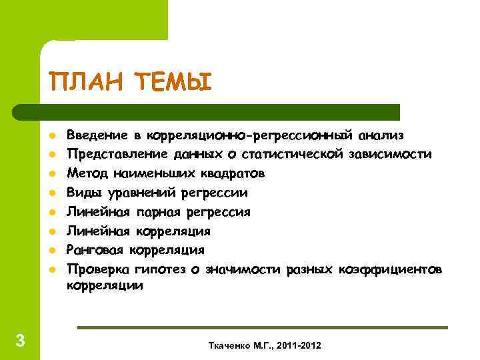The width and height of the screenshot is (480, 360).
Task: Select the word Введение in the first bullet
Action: click(98, 135)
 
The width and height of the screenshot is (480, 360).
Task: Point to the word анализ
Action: click(381, 135)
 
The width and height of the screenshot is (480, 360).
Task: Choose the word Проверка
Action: click(100, 269)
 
